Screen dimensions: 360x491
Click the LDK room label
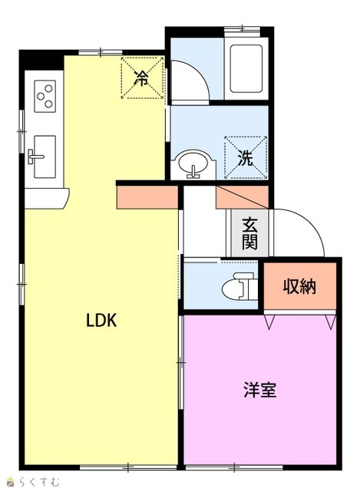click(x=101, y=321)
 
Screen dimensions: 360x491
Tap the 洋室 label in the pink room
click(x=259, y=390)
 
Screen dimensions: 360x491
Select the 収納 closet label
click(x=299, y=286)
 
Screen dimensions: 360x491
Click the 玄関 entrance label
click(x=249, y=233)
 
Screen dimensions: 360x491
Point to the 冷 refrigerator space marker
click(x=141, y=78)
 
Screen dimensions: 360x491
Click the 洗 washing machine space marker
click(x=246, y=157)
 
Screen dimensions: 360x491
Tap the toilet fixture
click(x=239, y=286)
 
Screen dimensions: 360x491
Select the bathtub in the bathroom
click(x=246, y=69)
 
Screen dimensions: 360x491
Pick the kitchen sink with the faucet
click(x=45, y=157)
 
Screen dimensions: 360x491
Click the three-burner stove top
click(x=45, y=96)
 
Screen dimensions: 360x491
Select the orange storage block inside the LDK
click(x=147, y=197)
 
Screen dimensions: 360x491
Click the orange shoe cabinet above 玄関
click(x=243, y=197)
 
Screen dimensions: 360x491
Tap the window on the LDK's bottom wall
click(x=128, y=468)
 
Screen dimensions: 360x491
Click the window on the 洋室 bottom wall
click(x=234, y=468)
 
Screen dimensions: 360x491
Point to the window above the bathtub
click(x=243, y=29)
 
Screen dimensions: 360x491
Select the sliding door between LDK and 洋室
click(x=181, y=363)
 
